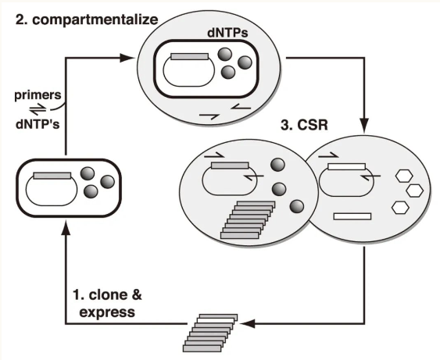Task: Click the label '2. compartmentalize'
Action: pos(87,20)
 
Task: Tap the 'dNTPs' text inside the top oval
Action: pos(227,33)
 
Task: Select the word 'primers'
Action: pos(38,95)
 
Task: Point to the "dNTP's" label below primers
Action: pos(38,124)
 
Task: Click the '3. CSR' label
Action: pos(304,125)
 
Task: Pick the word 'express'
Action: pos(107,312)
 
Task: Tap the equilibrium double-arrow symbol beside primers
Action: pos(38,109)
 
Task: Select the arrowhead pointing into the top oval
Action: pos(127,58)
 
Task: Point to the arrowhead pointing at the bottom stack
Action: pos(248,323)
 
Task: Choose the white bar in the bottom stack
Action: pos(216,320)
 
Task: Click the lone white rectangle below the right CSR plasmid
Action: pos(352,216)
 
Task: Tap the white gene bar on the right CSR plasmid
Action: pos(346,167)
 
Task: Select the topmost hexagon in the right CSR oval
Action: pos(404,176)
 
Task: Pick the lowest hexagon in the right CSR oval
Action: pos(400,208)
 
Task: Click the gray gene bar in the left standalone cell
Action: pos(52,176)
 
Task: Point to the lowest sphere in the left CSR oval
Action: pos(297,207)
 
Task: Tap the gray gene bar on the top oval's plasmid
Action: pos(190,57)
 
